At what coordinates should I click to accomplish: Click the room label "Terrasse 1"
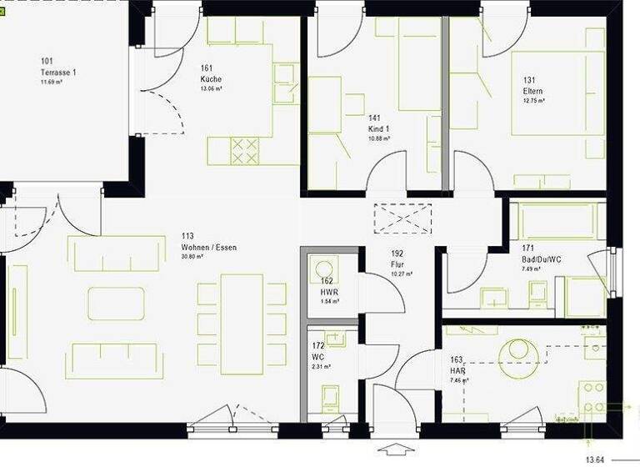tap(58, 72)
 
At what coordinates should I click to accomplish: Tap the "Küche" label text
tap(211, 79)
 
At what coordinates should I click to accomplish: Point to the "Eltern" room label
tap(533, 90)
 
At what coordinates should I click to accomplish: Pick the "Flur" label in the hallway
tap(397, 264)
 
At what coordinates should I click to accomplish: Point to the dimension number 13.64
tap(595, 459)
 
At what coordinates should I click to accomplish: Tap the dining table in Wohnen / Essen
tap(242, 324)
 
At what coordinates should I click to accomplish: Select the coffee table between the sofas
tap(116, 304)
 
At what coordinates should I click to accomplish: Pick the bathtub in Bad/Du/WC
tap(557, 221)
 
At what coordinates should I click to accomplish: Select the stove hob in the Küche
tap(244, 151)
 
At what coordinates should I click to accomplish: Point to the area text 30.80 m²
tap(194, 257)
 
